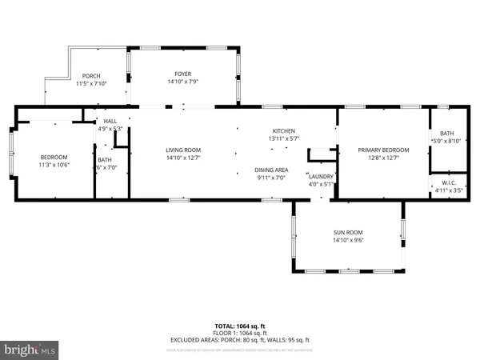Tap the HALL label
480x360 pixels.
110,121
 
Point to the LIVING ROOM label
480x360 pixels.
183,150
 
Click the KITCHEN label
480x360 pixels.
284,130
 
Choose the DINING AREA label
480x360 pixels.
271,170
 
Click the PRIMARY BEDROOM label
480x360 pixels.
383,150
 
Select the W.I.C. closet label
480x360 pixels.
448,182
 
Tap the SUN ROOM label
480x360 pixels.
348,232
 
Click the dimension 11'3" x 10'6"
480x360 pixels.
54,165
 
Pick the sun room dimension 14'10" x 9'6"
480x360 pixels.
348,240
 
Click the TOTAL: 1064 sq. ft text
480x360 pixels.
240,326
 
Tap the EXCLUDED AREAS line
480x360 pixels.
240,340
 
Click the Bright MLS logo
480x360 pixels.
30,350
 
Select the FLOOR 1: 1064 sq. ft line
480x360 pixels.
240,333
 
